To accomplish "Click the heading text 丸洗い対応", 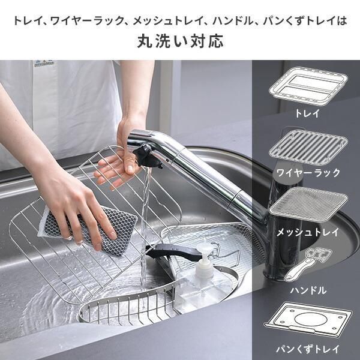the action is (180, 41).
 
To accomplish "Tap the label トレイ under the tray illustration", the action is (307, 113).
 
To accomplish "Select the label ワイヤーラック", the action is (308, 172).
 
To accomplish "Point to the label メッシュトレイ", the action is (308, 232).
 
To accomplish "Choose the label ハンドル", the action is (308, 290).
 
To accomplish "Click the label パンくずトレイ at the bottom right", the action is (308, 349).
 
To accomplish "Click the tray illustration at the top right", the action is (308, 86).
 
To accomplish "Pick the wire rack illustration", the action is (308, 148).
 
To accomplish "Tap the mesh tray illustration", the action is (308, 203).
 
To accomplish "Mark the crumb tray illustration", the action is (308, 320).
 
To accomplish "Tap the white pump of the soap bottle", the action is (204, 259).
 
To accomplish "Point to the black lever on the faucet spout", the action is (148, 155).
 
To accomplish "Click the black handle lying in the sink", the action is (175, 252).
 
